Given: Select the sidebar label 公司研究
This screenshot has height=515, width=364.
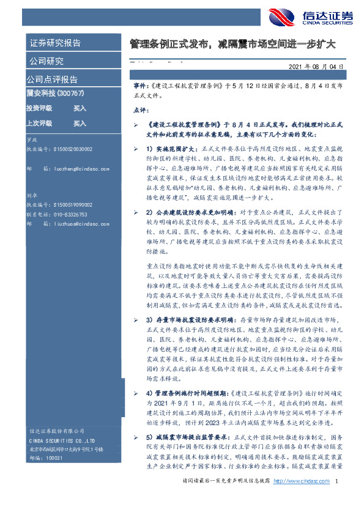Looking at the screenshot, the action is (46, 61).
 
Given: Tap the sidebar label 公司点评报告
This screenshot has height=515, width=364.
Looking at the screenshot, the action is (52, 80).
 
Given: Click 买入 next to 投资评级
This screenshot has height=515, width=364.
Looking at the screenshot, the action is (80, 108).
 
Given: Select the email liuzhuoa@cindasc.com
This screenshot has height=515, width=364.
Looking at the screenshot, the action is (73, 242).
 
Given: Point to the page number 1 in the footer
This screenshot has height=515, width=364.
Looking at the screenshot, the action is (336, 499).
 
